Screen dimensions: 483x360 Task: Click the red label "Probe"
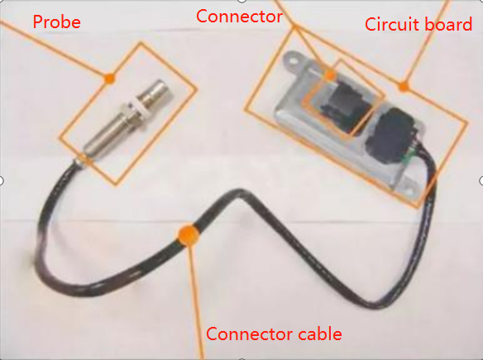pyautogui.click(x=57, y=22)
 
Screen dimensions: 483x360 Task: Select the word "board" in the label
pyautogui.click(x=444, y=24)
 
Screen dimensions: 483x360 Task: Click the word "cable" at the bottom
pyautogui.click(x=320, y=334)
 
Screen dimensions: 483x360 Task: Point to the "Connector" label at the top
pyautogui.click(x=239, y=17)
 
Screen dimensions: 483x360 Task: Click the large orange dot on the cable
pyautogui.click(x=189, y=235)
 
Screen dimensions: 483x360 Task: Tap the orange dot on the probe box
pyautogui.click(x=109, y=79)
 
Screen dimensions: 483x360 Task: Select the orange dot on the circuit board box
pyautogui.click(x=404, y=87)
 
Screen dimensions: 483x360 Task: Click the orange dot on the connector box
pyautogui.click(x=330, y=74)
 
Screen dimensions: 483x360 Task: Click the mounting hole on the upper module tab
pyautogui.click(x=294, y=61)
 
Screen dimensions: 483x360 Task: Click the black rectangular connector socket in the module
pyautogui.click(x=344, y=105)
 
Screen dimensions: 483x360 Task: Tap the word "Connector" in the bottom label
pyautogui.click(x=249, y=334)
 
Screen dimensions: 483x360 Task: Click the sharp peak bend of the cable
pyautogui.click(x=240, y=193)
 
